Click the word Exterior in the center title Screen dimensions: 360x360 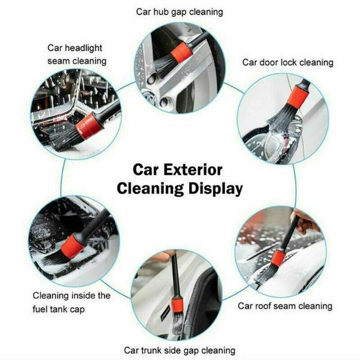(x=196, y=170)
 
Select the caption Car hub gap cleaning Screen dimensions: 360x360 (x=180, y=11)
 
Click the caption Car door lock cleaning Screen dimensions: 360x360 (x=287, y=62)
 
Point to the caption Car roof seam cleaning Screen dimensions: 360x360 (x=285, y=306)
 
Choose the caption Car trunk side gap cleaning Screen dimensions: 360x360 (x=179, y=350)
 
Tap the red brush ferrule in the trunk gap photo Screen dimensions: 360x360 (x=177, y=307)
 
